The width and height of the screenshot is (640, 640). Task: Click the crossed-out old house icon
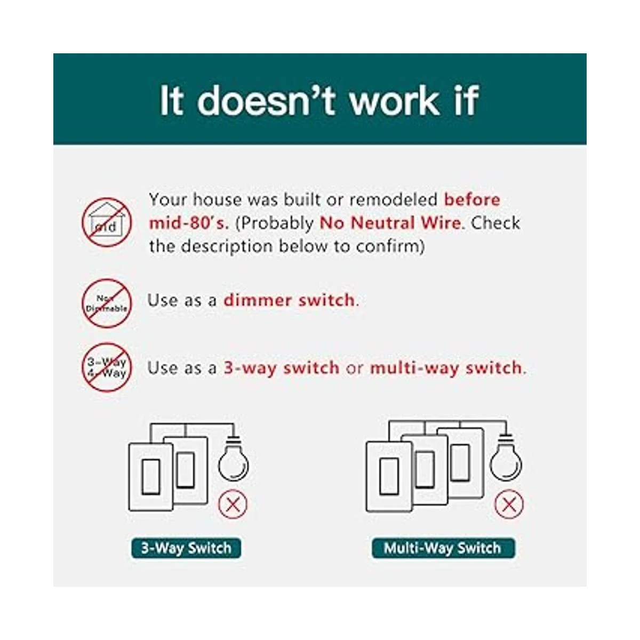[107, 222]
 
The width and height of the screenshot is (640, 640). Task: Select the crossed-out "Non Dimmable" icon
[107, 303]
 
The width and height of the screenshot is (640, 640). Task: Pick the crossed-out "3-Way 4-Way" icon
[107, 367]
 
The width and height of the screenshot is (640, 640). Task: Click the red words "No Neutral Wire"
[390, 223]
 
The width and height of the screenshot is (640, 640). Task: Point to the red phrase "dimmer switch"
[289, 300]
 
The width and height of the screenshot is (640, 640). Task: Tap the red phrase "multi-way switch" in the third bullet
[446, 369]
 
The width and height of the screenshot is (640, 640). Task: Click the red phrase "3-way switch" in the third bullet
[281, 368]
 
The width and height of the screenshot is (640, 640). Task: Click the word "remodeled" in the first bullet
[393, 200]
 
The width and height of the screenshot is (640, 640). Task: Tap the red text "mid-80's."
[189, 223]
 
